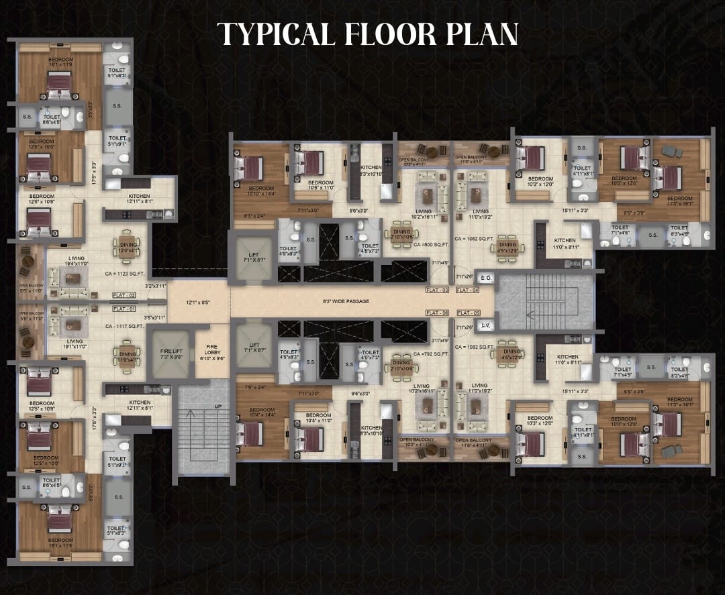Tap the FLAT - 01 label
(124, 309)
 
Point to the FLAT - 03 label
(437, 290)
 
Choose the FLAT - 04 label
(467, 290)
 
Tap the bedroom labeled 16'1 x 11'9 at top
(60, 62)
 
